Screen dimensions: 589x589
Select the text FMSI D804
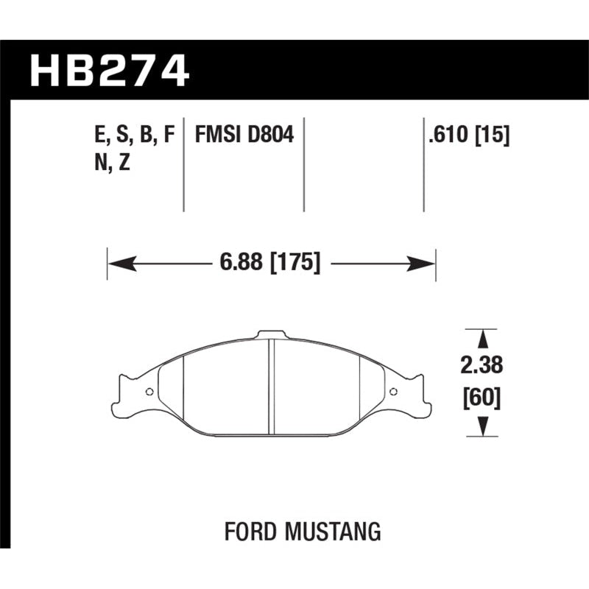tap(244, 135)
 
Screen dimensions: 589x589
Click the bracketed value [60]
tap(482, 398)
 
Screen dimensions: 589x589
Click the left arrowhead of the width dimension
tap(118, 263)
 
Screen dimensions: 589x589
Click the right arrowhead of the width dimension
tap(426, 263)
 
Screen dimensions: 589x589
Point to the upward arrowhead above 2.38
tap(482, 340)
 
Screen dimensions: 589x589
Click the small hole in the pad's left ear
tap(149, 392)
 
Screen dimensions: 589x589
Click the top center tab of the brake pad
tap(271, 336)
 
